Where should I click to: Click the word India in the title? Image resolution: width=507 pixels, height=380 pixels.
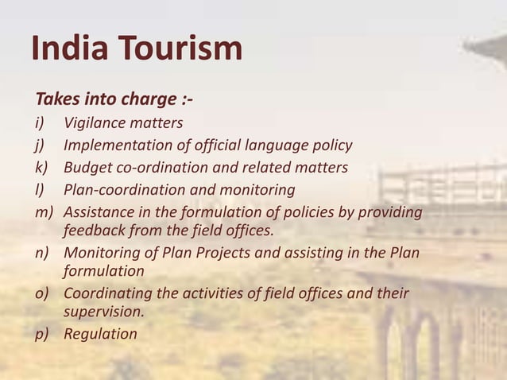(x=66, y=48)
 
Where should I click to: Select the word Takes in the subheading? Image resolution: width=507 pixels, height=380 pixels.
(x=56, y=101)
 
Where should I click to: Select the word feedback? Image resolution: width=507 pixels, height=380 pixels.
(x=95, y=231)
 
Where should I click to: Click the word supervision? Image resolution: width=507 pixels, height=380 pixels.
(x=103, y=312)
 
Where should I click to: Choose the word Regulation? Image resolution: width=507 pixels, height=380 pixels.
(x=100, y=334)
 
